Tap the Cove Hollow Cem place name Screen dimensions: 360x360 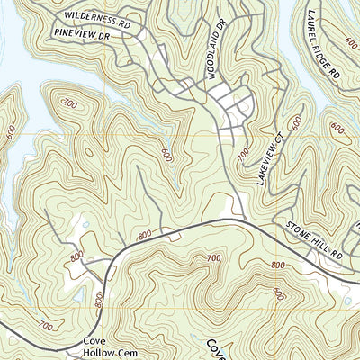click(x=101, y=347)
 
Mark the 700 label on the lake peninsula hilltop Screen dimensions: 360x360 click(x=69, y=104)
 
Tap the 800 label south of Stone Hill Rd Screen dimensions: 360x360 click(x=276, y=265)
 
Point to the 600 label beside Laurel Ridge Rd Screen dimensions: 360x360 click(x=350, y=42)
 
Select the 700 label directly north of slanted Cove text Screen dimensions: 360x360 click(x=213, y=259)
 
